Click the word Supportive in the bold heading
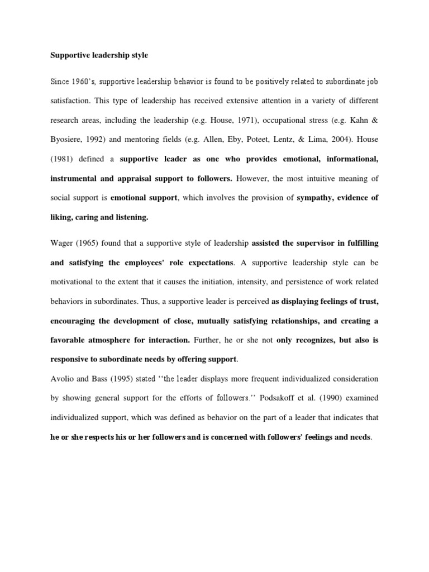[70, 56]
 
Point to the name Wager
[61, 244]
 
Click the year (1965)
[90, 244]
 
